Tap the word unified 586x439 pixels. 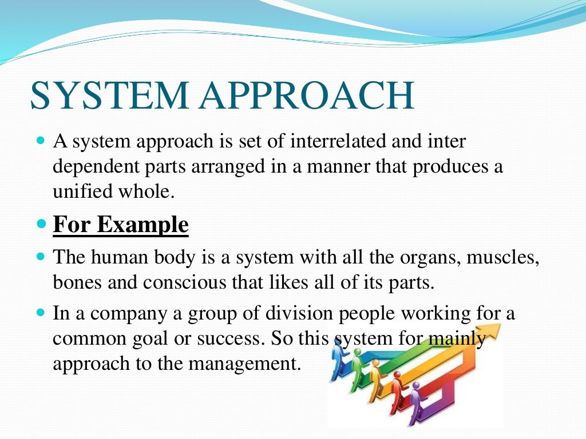[x=82, y=191]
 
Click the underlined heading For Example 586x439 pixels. [x=121, y=224]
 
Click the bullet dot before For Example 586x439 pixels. [x=41, y=224]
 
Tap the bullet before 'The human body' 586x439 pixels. [x=41, y=257]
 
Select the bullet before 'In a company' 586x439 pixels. [x=41, y=312]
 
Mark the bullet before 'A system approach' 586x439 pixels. [x=41, y=141]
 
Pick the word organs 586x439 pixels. [x=429, y=258]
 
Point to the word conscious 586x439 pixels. [x=184, y=282]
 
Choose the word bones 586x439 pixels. [x=77, y=282]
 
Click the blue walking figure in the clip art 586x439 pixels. [x=339, y=360]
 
